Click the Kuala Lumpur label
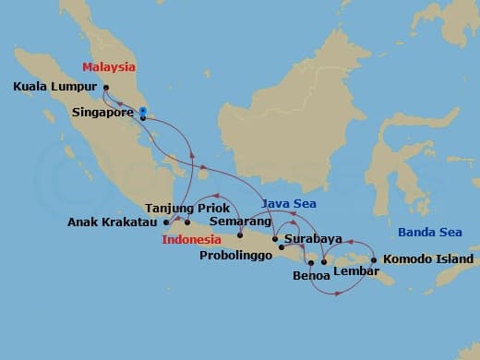coord(54,88)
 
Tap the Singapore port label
coord(103,114)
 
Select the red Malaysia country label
coord(108,67)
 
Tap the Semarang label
coord(240,222)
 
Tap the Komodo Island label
coord(424,259)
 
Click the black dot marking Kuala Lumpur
coord(106,89)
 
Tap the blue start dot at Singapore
coord(143,112)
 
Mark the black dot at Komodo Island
coord(374,259)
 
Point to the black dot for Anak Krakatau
coord(166,222)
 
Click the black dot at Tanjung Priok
coord(187,222)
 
